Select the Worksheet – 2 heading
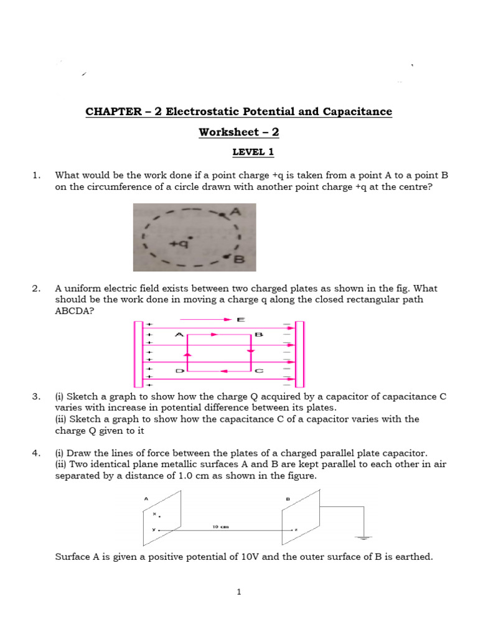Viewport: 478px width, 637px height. [x=238, y=132]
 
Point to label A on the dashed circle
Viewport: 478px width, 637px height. [x=235, y=213]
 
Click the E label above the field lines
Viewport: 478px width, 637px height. [x=241, y=319]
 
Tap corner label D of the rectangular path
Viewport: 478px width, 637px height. [x=179, y=371]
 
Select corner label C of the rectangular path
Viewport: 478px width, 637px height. [x=259, y=371]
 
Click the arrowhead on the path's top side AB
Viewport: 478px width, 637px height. [x=214, y=335]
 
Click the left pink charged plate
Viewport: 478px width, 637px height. [x=138, y=353]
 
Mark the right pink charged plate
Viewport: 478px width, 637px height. [x=299, y=353]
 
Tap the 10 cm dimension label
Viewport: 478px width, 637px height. [x=221, y=526]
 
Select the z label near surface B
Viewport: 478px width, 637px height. [x=296, y=530]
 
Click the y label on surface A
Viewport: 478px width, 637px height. [x=152, y=530]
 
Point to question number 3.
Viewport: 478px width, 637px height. [x=35, y=396]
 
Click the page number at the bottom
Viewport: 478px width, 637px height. [x=238, y=592]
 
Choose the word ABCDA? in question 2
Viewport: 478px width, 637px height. [x=75, y=311]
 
